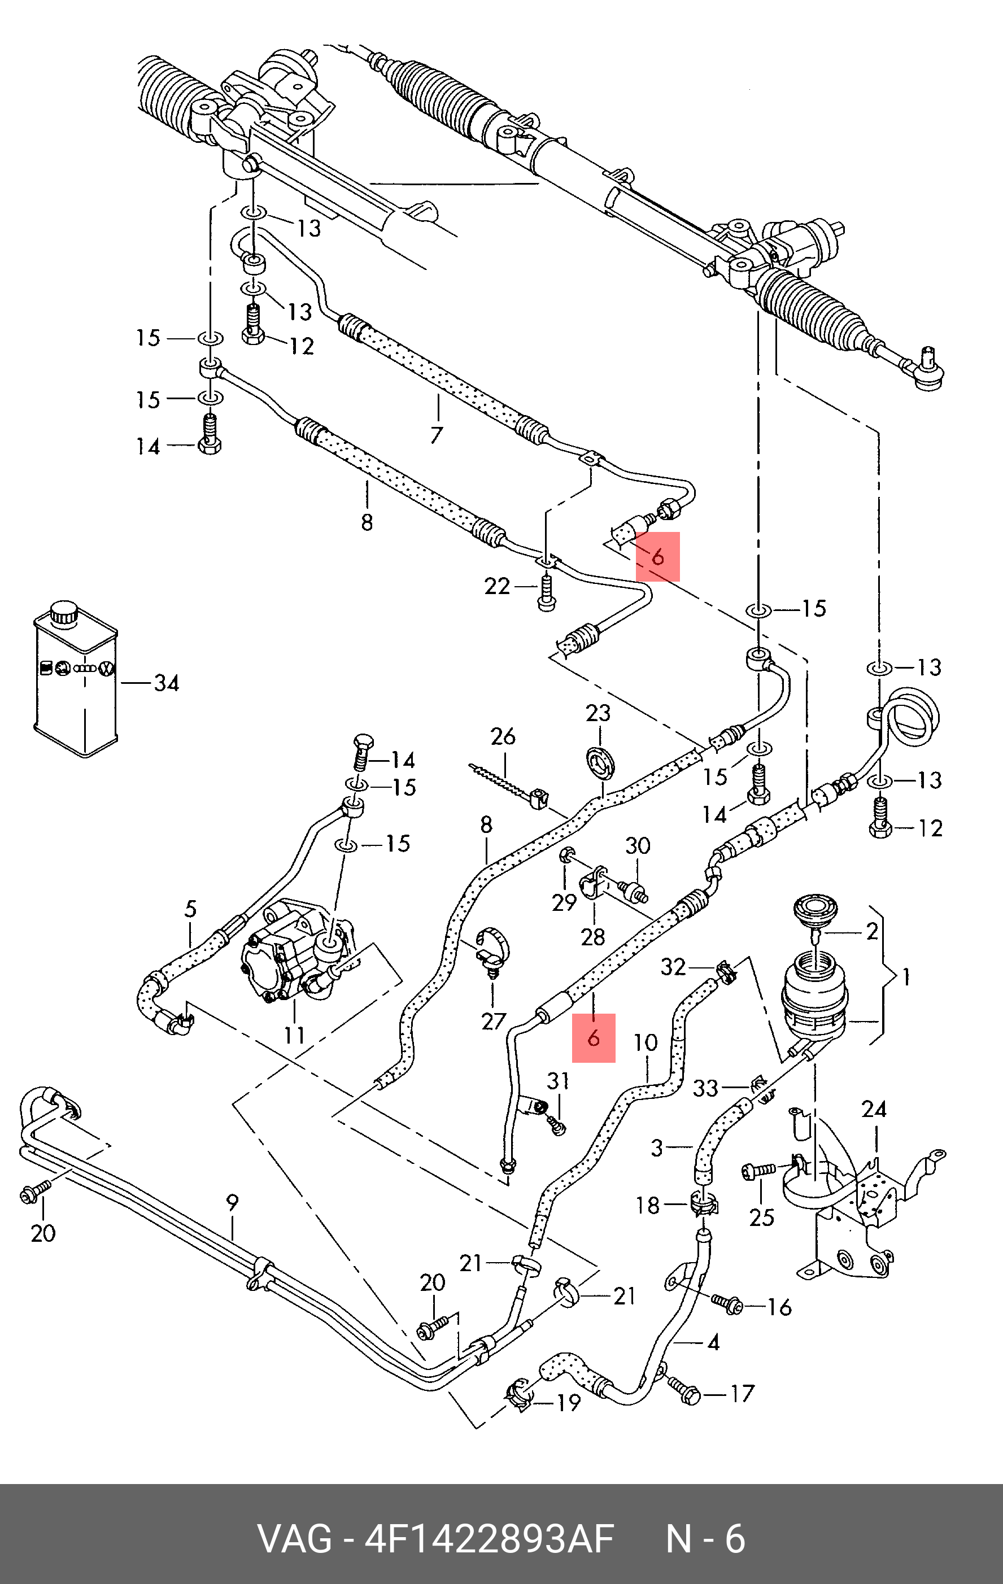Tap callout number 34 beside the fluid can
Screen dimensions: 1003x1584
click(x=167, y=683)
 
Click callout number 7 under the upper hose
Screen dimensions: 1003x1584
click(x=437, y=435)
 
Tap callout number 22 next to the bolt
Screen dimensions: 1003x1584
click(x=497, y=586)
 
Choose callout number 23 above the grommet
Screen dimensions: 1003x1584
click(x=599, y=713)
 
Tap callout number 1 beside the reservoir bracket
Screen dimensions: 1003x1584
click(x=906, y=978)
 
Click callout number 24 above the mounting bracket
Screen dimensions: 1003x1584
click(x=874, y=1110)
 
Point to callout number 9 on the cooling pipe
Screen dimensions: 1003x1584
click(x=232, y=1203)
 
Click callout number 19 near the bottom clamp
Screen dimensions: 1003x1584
click(x=568, y=1403)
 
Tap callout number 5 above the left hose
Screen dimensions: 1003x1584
click(x=190, y=910)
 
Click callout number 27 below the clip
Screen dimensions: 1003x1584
click(x=493, y=1021)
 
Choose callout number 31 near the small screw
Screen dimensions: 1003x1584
click(x=558, y=1081)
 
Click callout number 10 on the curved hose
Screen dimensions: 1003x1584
click(x=646, y=1042)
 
